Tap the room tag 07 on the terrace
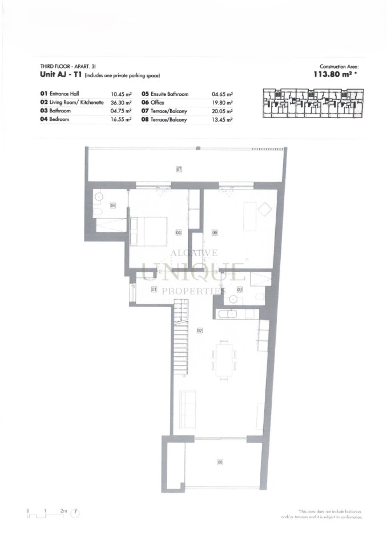179,169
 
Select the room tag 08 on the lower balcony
220,462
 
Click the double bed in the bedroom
149,231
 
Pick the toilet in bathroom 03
260,297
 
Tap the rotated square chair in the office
264,209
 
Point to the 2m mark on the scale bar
64,511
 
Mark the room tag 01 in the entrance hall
154,290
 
